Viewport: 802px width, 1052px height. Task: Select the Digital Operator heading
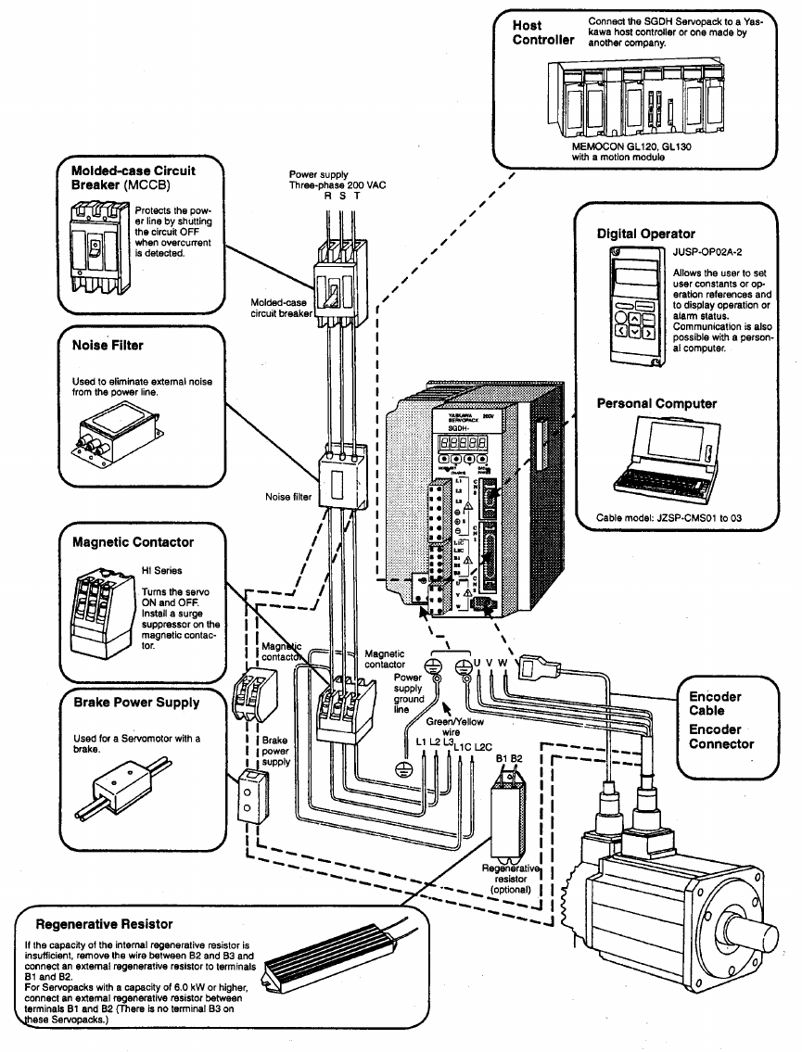point(645,234)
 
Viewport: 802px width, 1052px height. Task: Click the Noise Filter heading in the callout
point(108,345)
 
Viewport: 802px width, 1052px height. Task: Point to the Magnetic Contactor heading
point(133,541)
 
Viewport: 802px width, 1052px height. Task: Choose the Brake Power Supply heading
point(135,703)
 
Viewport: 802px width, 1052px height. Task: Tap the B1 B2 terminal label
point(510,759)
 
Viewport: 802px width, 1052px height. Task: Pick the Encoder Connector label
point(721,737)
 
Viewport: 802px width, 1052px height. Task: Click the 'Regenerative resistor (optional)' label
point(511,879)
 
